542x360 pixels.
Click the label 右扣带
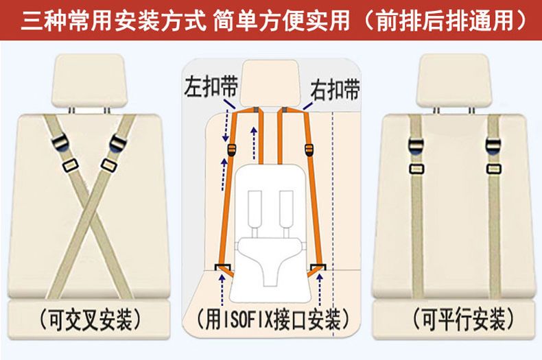coord(335,90)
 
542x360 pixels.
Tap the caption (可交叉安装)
coord(90,320)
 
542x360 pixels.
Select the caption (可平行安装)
coord(464,320)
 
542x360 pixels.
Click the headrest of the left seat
coord(88,80)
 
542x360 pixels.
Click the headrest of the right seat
coord(453,80)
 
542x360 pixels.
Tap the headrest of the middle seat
coord(270,83)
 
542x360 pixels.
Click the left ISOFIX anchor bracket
coord(223,267)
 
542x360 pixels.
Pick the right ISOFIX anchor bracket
coord(318,267)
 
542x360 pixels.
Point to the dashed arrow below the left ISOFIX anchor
coord(222,289)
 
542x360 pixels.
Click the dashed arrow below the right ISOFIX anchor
coord(320,289)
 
